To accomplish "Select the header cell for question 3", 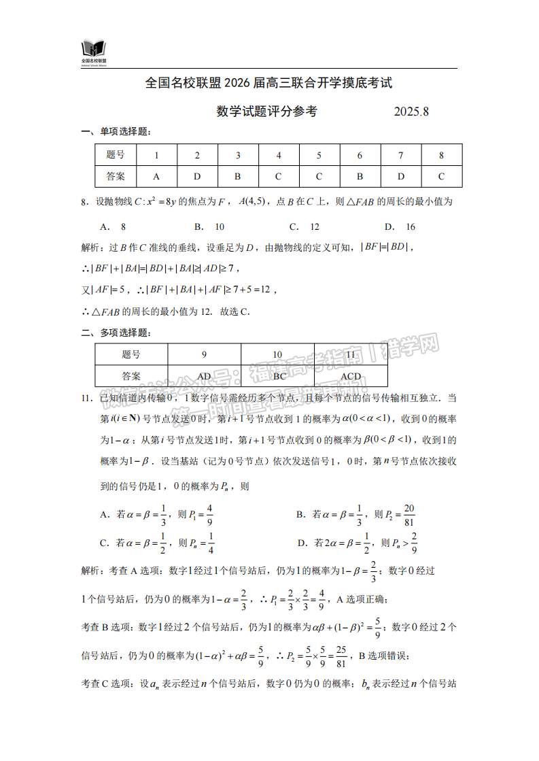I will point(238,155).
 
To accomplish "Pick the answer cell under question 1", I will point(156,176).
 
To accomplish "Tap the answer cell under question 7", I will point(401,176).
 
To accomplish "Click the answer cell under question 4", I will point(279,176).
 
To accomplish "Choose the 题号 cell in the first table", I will point(116,155).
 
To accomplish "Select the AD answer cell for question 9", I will point(204,375).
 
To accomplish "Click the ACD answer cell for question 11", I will point(351,375).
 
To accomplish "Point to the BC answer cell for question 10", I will point(278,375).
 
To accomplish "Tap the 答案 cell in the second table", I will point(131,375).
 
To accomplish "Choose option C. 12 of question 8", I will point(304,227).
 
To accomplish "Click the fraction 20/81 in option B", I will point(408,515).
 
